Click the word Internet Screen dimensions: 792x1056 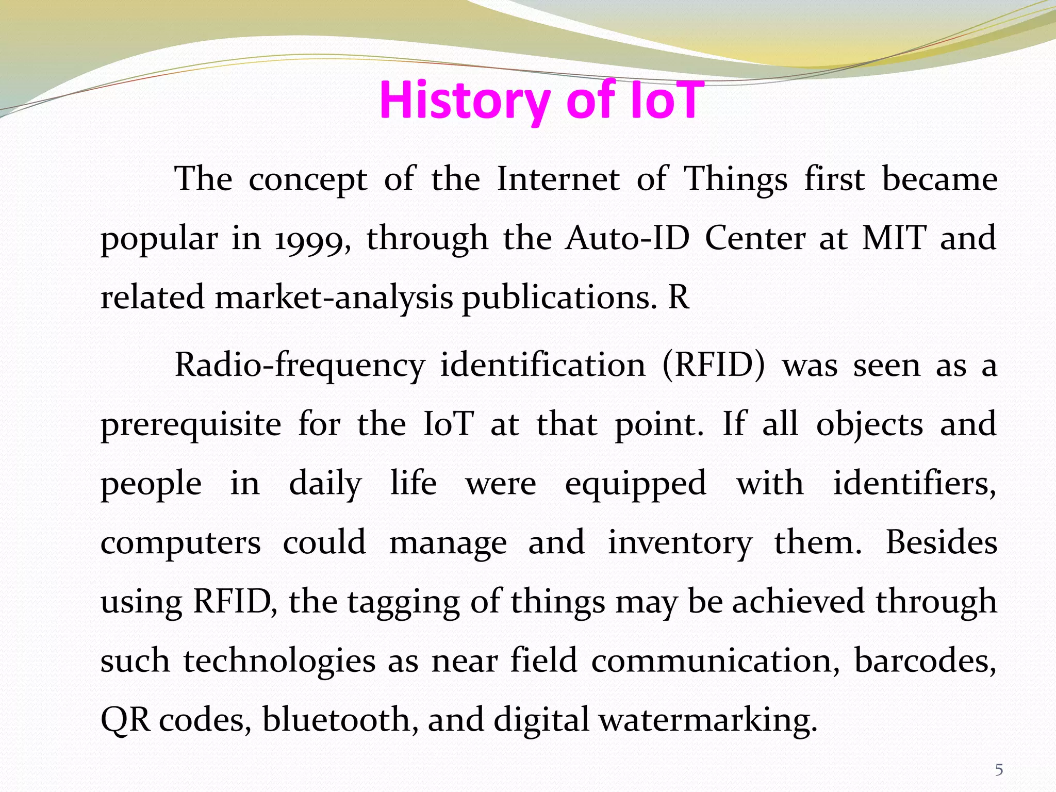(x=558, y=180)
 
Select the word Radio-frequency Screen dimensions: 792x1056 (x=300, y=366)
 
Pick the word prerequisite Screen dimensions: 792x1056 (x=191, y=425)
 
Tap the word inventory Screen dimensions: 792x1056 (x=680, y=543)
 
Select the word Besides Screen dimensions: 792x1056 (x=941, y=542)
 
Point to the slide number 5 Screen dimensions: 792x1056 (x=999, y=770)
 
